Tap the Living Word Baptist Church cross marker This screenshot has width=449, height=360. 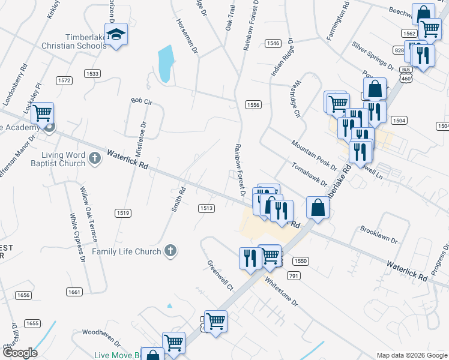[x=94, y=158]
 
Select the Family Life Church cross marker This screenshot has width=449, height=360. [x=170, y=251]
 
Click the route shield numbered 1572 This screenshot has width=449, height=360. [x=64, y=80]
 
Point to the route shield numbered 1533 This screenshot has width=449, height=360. [x=92, y=73]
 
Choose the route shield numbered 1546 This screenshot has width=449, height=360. [x=273, y=43]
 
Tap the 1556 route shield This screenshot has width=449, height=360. [x=253, y=105]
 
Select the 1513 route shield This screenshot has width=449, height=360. [x=206, y=208]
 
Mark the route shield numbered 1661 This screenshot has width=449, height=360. [x=74, y=292]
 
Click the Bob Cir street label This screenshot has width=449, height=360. [x=142, y=102]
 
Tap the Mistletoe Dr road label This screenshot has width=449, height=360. [x=140, y=139]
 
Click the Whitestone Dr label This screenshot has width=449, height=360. [x=281, y=291]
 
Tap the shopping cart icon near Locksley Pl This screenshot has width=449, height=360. [x=42, y=112]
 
